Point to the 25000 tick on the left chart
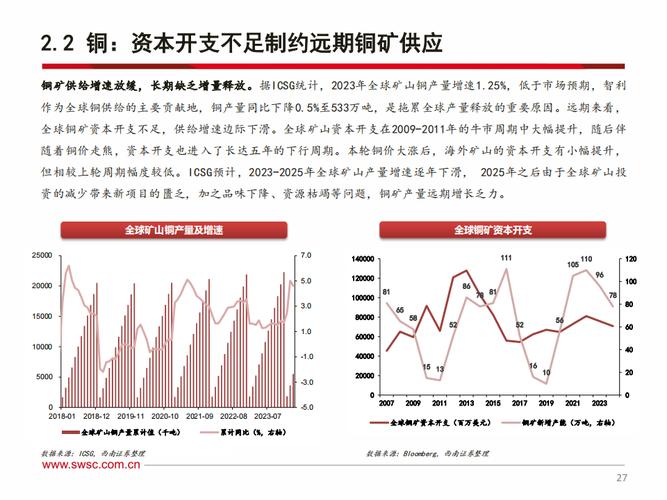click(42, 256)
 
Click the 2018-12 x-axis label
click(96, 414)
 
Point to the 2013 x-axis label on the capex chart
click(465, 404)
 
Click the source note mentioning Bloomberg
click(428, 453)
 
